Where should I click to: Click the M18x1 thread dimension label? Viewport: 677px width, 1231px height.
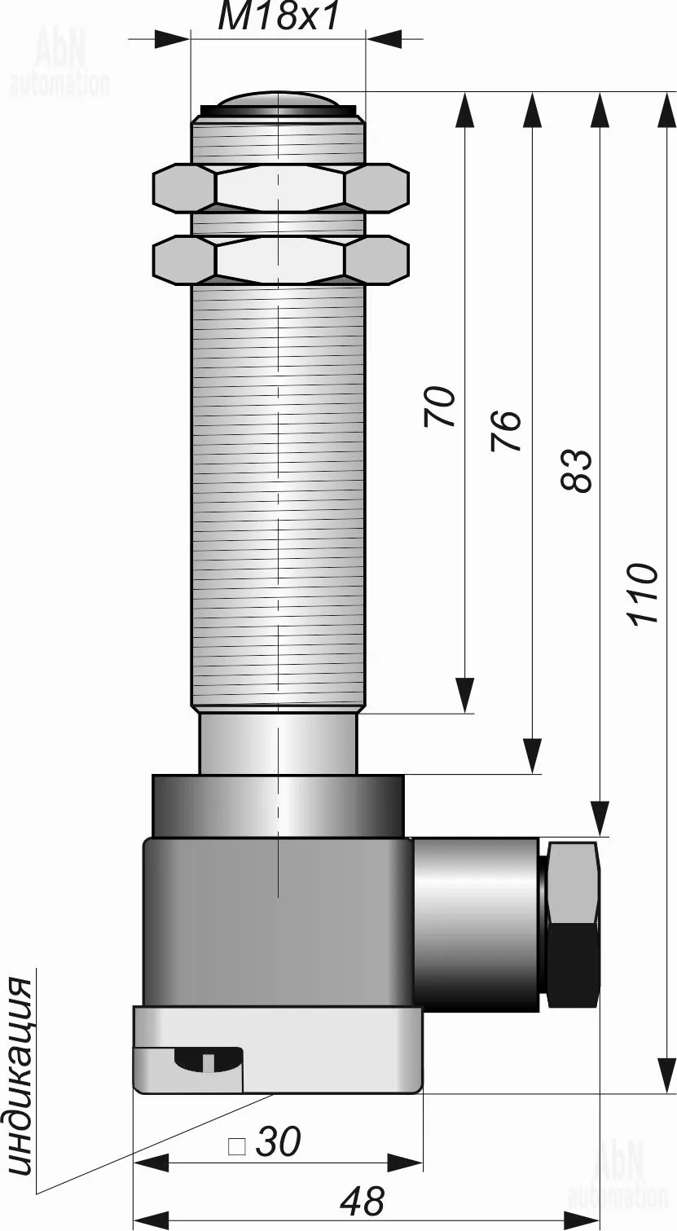[278, 17]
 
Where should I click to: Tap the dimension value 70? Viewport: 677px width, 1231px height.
[440, 407]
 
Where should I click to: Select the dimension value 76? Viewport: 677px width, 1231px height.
[506, 431]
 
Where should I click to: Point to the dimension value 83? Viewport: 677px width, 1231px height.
[577, 470]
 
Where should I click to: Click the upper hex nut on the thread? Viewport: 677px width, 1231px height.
[281, 187]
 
